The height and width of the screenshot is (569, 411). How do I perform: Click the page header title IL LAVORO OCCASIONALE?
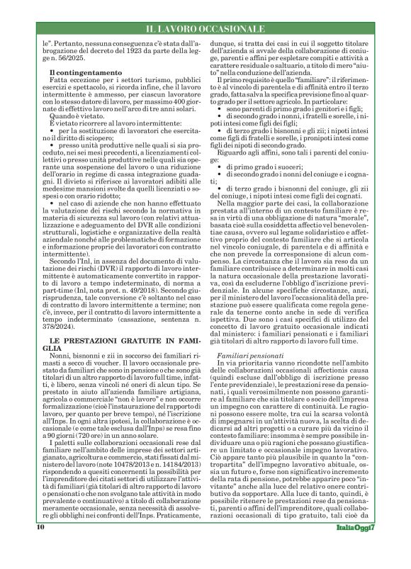click(x=205, y=28)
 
